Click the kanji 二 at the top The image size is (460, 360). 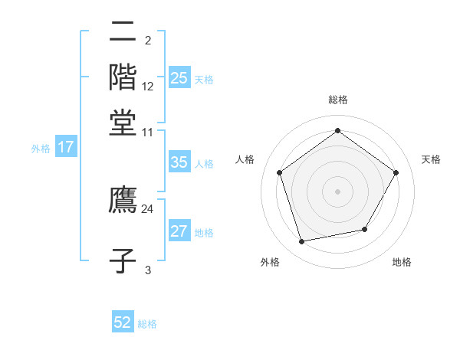coord(123,33)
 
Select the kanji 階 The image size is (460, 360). coord(123,77)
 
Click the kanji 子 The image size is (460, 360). coord(123,260)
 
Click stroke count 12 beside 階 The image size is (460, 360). coord(148,87)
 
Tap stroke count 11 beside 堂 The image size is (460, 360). coord(148,132)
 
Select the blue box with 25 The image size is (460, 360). coord(179,78)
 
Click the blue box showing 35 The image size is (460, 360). coord(179,162)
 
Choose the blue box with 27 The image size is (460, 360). coord(179,231)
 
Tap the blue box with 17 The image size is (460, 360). coord(65,148)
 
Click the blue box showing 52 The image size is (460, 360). coord(123,323)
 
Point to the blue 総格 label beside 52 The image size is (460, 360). coord(147,324)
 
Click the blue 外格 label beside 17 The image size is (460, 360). coord(41,149)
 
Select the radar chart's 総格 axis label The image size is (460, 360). coord(337,100)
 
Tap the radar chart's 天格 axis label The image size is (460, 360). coord(431,159)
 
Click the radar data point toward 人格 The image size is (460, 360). coord(279,172)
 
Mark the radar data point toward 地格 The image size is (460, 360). coord(365,229)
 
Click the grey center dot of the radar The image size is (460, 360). coord(337,191)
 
